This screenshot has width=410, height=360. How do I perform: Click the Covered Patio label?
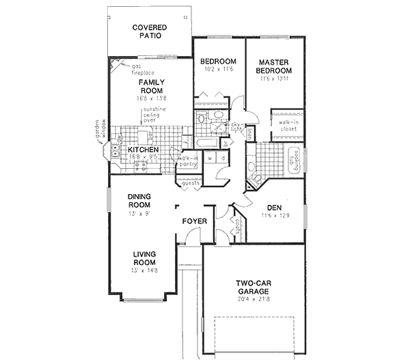tap(150, 31)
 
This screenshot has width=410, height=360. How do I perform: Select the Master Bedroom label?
tap(275, 66)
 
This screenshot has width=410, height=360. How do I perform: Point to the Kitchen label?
tap(143, 150)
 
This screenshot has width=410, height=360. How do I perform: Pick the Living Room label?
tap(145, 258)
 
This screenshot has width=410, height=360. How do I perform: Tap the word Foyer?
tap(195, 221)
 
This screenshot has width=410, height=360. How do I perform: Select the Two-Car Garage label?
tap(253, 286)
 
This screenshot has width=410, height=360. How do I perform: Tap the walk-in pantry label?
tap(189, 162)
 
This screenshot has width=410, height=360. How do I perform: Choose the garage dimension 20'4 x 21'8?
tap(253, 299)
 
